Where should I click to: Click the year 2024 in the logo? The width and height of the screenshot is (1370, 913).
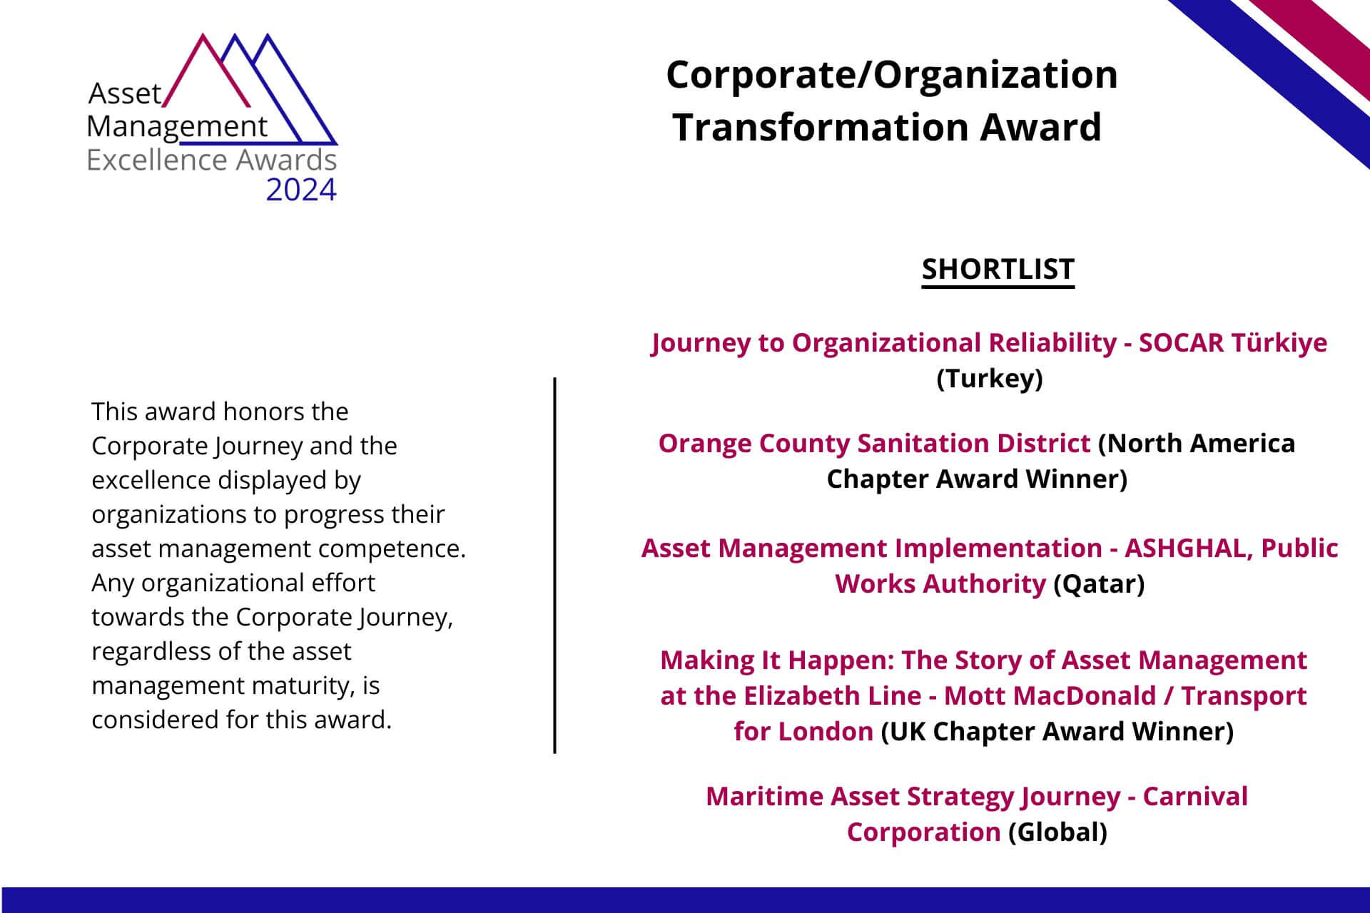pos(301,190)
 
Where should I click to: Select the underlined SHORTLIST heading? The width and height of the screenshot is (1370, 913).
pos(998,270)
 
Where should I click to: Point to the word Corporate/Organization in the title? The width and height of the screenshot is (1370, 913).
pos(892,76)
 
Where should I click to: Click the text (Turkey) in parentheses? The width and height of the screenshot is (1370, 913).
pos(990,378)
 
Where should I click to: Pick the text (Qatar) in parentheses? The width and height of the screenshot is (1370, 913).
pos(1099,583)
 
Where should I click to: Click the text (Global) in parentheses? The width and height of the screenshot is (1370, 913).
pos(1057,832)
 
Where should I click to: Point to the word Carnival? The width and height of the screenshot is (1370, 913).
pos(1195,796)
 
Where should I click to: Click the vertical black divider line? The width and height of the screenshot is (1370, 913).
pos(555,565)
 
